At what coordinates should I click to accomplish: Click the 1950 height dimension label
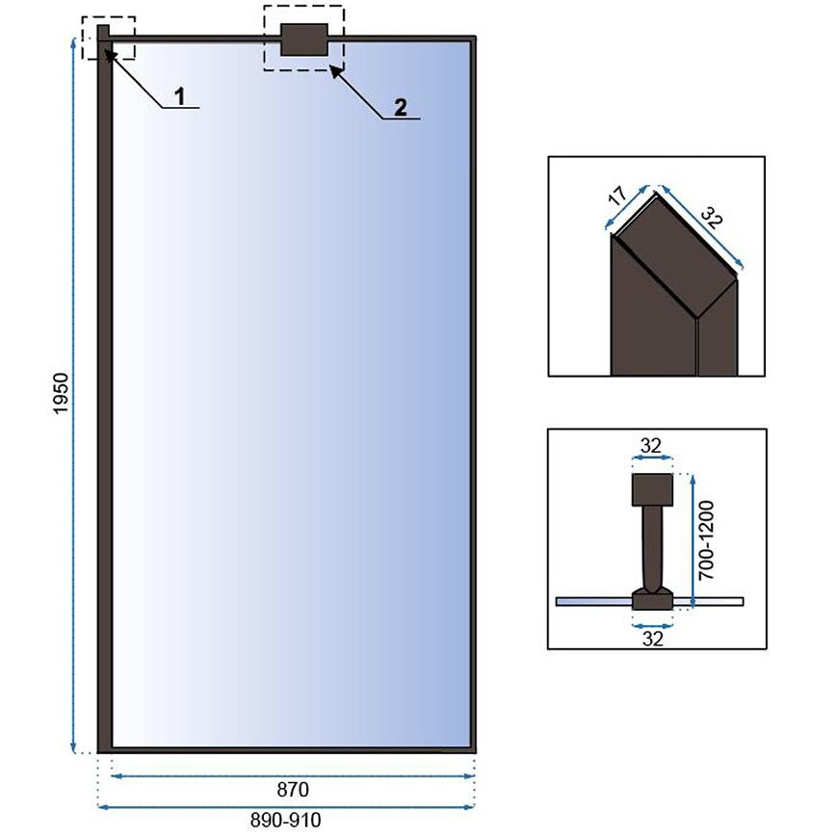(x=62, y=393)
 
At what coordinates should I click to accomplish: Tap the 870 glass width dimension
(x=293, y=789)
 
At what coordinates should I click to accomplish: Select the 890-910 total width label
(x=286, y=820)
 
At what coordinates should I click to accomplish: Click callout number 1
(x=180, y=96)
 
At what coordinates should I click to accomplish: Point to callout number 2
(x=401, y=108)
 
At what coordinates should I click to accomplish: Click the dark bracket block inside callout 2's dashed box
(x=304, y=39)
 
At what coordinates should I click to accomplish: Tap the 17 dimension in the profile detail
(x=617, y=196)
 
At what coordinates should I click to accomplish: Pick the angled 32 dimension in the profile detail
(x=712, y=218)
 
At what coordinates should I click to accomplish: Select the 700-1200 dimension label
(x=705, y=539)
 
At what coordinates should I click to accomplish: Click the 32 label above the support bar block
(x=651, y=446)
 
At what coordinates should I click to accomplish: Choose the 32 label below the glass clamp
(x=652, y=639)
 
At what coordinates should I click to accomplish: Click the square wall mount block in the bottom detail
(x=652, y=489)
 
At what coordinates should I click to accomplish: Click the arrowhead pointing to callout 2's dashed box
(x=335, y=72)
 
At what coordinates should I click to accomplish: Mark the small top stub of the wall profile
(x=103, y=32)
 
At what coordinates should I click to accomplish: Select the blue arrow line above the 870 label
(x=293, y=775)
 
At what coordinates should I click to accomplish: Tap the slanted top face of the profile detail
(x=675, y=255)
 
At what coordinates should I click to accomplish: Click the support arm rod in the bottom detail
(x=652, y=548)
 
